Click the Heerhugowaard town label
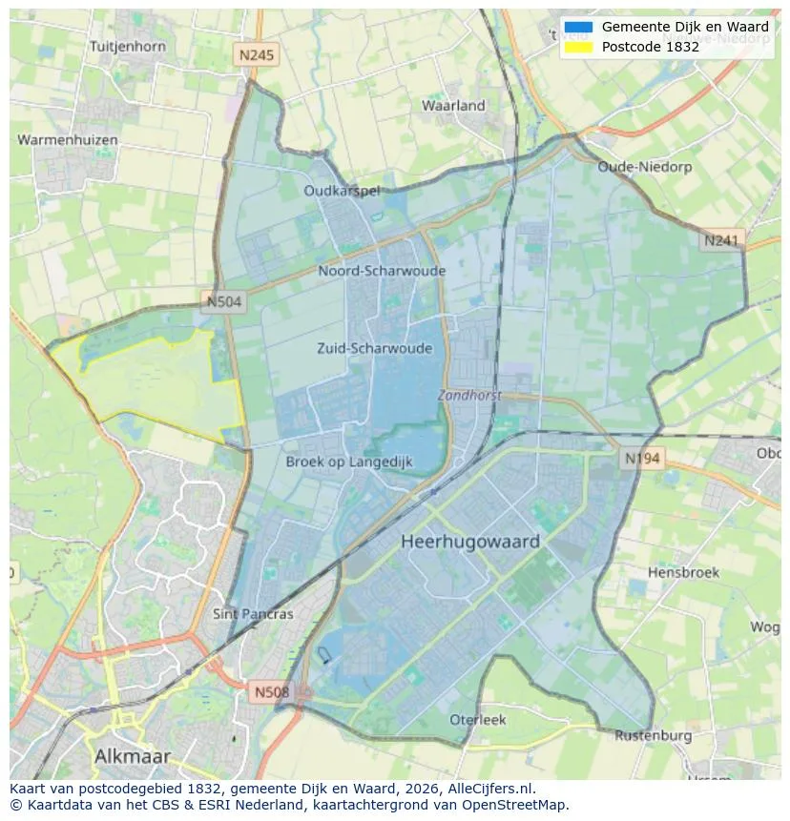pos(470,542)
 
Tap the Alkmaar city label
pos(133,756)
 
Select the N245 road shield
pos(256,55)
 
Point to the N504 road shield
pos(225,302)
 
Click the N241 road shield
pos(721,241)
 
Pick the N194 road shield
pos(642,459)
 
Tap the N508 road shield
pos(272,691)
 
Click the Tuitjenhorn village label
pos(127,46)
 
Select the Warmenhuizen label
pos(68,140)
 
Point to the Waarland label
pos(453,106)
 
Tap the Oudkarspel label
pos(342,191)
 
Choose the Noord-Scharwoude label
pos(382,271)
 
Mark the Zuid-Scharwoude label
pos(374,348)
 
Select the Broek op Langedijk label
pos(349,462)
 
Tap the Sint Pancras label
pos(253,614)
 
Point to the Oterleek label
pos(478,720)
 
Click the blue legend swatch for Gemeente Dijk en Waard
pos(578,28)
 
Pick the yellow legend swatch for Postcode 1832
pos(578,47)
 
